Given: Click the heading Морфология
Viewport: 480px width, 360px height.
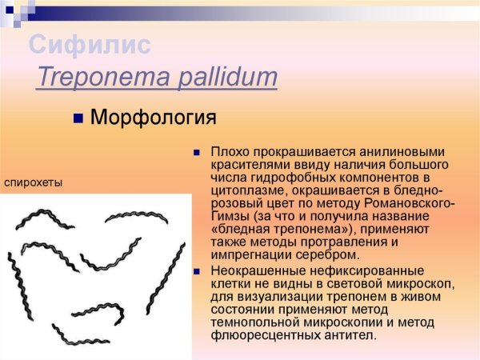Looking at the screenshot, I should pyautogui.click(x=154, y=118).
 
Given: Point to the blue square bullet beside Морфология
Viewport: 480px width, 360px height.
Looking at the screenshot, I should pyautogui.click(x=79, y=119).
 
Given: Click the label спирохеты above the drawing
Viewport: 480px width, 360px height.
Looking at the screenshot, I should pyautogui.click(x=34, y=182).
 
